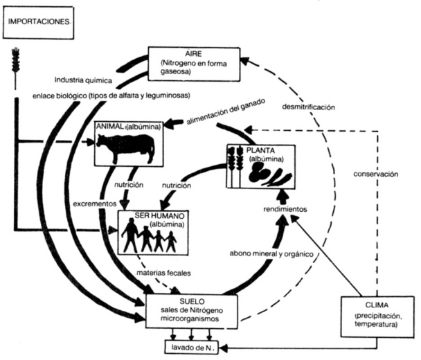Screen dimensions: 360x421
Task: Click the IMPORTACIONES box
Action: (x=39, y=22)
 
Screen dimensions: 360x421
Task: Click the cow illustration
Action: (x=125, y=148)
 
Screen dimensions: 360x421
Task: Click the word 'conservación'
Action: (x=375, y=174)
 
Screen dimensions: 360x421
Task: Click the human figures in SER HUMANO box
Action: (x=149, y=237)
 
